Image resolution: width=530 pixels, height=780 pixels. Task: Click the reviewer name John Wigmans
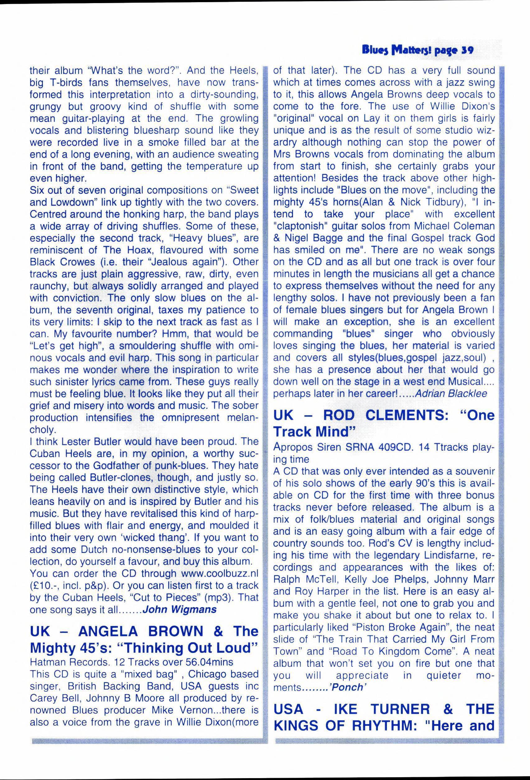pyautogui.click(x=179, y=609)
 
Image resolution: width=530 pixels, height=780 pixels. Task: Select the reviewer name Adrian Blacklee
pyautogui.click(x=451, y=393)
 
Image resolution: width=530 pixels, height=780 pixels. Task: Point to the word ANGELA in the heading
pyautogui.click(x=108, y=632)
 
